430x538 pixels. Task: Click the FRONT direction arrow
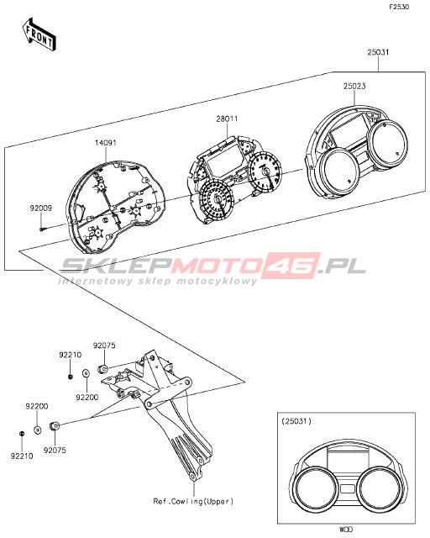click(39, 34)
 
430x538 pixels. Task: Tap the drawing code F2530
click(399, 7)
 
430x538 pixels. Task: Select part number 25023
click(354, 86)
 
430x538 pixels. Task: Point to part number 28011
click(227, 119)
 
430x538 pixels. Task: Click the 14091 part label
click(106, 142)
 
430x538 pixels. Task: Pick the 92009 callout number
click(41, 208)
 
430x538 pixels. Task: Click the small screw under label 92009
click(41, 229)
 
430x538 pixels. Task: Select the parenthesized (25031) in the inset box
click(296, 421)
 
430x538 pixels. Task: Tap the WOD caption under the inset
click(346, 530)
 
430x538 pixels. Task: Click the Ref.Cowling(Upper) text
click(193, 501)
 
